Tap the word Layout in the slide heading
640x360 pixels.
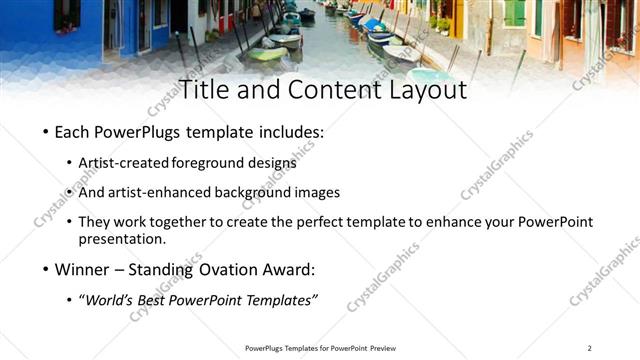pyautogui.click(x=421, y=90)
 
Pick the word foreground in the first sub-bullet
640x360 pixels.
pyautogui.click(x=209, y=163)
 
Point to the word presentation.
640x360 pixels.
pyautogui.click(x=121, y=239)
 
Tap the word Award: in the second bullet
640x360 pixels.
pyautogui.click(x=288, y=269)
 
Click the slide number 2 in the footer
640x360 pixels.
pyautogui.click(x=589, y=348)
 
